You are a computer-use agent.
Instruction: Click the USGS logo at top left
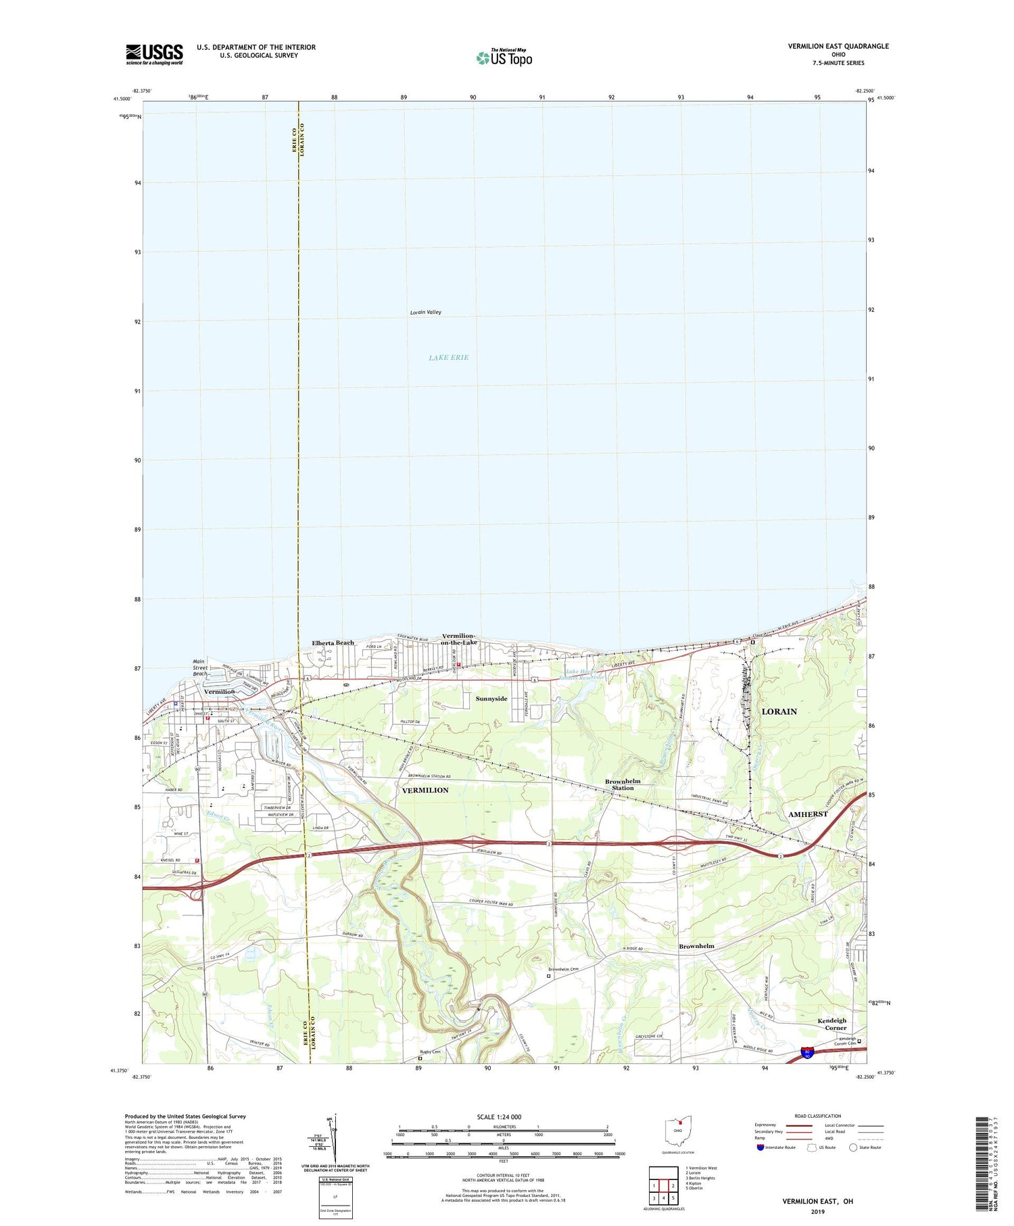pos(154,54)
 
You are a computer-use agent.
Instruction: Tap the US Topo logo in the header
pos(504,58)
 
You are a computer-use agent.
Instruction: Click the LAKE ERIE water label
pos(448,357)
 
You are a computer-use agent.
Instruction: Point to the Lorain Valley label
pos(425,312)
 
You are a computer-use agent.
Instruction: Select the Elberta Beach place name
pos(333,642)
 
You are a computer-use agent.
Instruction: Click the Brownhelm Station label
pos(623,784)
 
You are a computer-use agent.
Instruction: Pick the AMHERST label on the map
pos(808,814)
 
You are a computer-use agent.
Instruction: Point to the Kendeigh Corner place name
pos(831,1024)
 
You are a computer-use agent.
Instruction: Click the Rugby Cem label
pos(430,1052)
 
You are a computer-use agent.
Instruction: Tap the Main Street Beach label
pos(200,667)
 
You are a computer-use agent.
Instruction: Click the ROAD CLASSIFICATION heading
pos(818,1116)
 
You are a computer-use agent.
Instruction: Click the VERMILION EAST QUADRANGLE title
pos(838,46)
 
